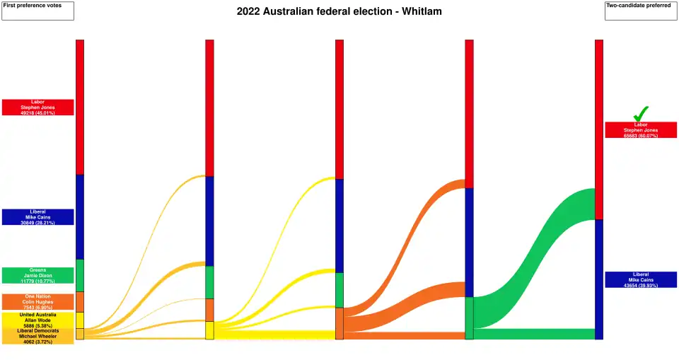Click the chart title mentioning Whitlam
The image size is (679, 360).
point(339,12)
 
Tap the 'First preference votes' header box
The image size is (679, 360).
point(37,11)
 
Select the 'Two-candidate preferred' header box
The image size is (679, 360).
point(641,11)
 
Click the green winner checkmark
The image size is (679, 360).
point(641,113)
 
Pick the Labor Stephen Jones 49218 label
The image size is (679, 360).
point(37,108)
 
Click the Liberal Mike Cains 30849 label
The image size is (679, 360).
point(37,217)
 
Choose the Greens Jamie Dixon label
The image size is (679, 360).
point(37,276)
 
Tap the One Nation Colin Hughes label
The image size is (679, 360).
point(37,302)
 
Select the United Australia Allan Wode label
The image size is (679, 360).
point(37,320)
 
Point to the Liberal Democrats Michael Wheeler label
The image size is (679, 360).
point(37,336)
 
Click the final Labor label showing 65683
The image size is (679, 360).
point(641,130)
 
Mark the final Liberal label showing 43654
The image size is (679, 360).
point(641,280)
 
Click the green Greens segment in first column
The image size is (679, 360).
point(80,276)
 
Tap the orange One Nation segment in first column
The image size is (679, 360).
point(80,302)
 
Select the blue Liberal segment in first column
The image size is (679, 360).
point(80,217)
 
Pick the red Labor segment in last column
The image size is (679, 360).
point(599,129)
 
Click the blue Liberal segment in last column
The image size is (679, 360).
point(599,279)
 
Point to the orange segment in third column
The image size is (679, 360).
point(339,323)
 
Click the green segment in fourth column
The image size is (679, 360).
point(469,318)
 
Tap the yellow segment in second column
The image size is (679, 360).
point(209,330)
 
